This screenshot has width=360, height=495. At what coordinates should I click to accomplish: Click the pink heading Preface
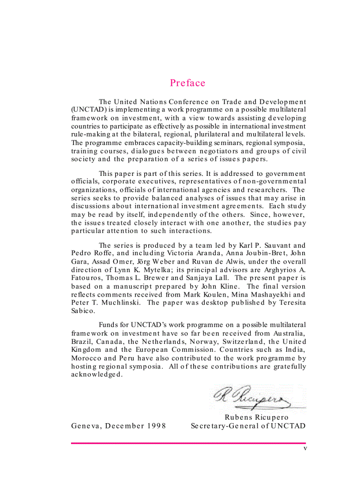187,83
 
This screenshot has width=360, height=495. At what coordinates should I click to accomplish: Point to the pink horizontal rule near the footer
188,443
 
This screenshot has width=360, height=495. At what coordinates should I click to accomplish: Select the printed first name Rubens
239,417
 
